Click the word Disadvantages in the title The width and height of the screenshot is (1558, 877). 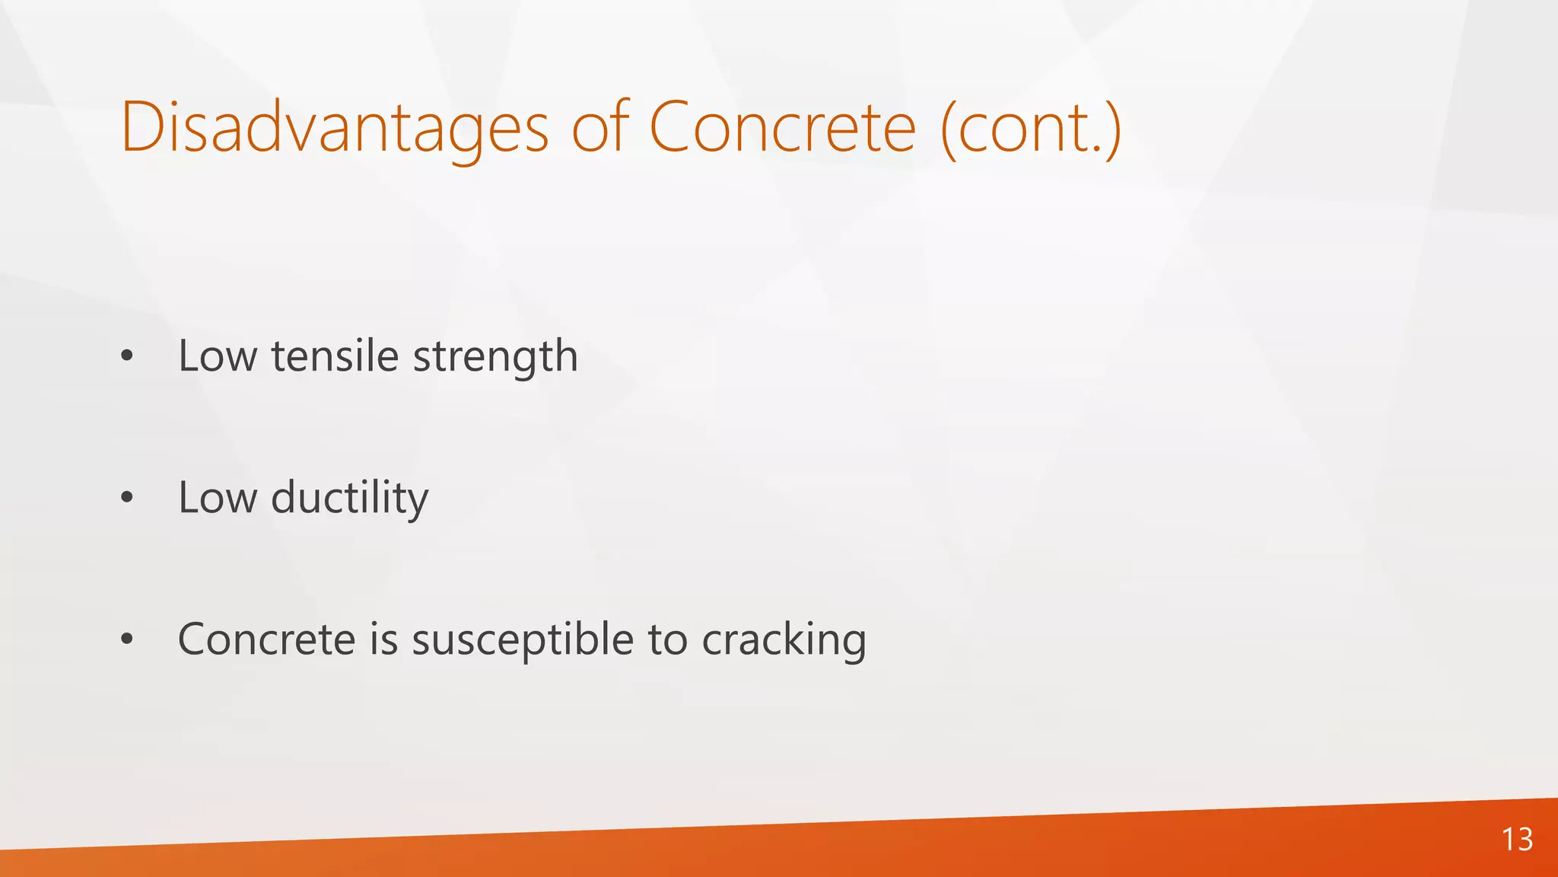pyautogui.click(x=334, y=128)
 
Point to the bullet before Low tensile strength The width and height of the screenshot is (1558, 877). pyautogui.click(x=127, y=356)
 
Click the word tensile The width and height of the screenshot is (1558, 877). pyautogui.click(x=335, y=356)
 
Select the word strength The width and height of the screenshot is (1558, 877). pyautogui.click(x=495, y=357)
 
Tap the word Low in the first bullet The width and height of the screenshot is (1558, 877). pyautogui.click(x=218, y=356)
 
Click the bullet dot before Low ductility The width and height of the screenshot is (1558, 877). pyautogui.click(x=127, y=498)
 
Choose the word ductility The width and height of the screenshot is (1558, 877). pyautogui.click(x=350, y=499)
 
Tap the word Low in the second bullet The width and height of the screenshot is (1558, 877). pyautogui.click(x=218, y=498)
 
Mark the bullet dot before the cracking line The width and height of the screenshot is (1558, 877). pyautogui.click(x=127, y=639)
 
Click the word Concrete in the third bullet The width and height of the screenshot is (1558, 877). pyautogui.click(x=266, y=639)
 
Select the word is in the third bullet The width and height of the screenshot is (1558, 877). pyautogui.click(x=384, y=639)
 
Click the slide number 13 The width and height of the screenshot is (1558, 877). pyautogui.click(x=1517, y=840)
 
